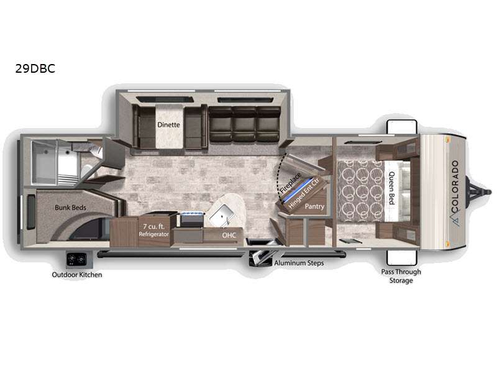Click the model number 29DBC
(35, 68)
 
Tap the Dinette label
(168, 125)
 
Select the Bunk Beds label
(70, 208)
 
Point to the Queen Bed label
(392, 188)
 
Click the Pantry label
(314, 206)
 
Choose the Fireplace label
(290, 183)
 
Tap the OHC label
(229, 236)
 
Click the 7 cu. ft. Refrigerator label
(153, 230)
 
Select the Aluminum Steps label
(299, 263)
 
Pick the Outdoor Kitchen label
(77, 275)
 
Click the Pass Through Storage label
(401, 276)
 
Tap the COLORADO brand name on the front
(455, 187)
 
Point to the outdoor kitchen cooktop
(76, 260)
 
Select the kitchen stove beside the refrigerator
(192, 219)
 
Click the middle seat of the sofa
(244, 124)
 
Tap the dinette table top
(169, 126)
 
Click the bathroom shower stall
(55, 162)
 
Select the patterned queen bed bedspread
(361, 191)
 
